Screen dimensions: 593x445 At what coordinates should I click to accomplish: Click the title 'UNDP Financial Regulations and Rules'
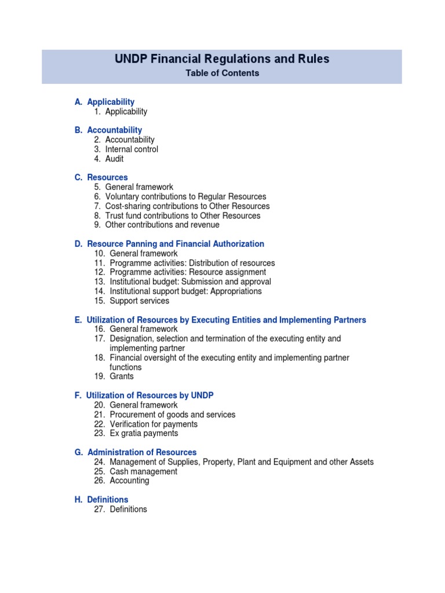(222, 59)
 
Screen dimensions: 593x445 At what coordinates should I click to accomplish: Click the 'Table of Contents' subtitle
(222, 74)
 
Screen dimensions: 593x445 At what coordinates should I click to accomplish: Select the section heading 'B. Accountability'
(108, 130)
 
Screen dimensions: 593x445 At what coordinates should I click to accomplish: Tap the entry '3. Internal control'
(126, 149)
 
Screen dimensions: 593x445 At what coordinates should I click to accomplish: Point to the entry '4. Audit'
(108, 159)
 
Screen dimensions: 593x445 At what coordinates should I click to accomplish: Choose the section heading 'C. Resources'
(101, 177)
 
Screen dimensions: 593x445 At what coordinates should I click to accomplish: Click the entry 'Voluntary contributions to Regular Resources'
(185, 197)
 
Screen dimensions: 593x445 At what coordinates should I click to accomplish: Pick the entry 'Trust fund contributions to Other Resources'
(183, 215)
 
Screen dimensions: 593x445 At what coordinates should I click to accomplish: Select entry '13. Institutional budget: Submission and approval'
(182, 282)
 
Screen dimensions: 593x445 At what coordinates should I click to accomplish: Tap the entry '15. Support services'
(131, 301)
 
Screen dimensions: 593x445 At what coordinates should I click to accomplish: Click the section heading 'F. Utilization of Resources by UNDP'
(144, 396)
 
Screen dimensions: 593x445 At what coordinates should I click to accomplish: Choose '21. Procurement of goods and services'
(165, 415)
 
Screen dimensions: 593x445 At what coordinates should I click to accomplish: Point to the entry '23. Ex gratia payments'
(136, 433)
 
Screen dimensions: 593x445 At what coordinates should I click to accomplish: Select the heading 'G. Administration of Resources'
(136, 452)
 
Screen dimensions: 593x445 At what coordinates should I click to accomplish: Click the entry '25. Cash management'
(135, 471)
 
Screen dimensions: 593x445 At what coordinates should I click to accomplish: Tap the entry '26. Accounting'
(121, 481)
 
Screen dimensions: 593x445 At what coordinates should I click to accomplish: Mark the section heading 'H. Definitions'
(101, 499)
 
